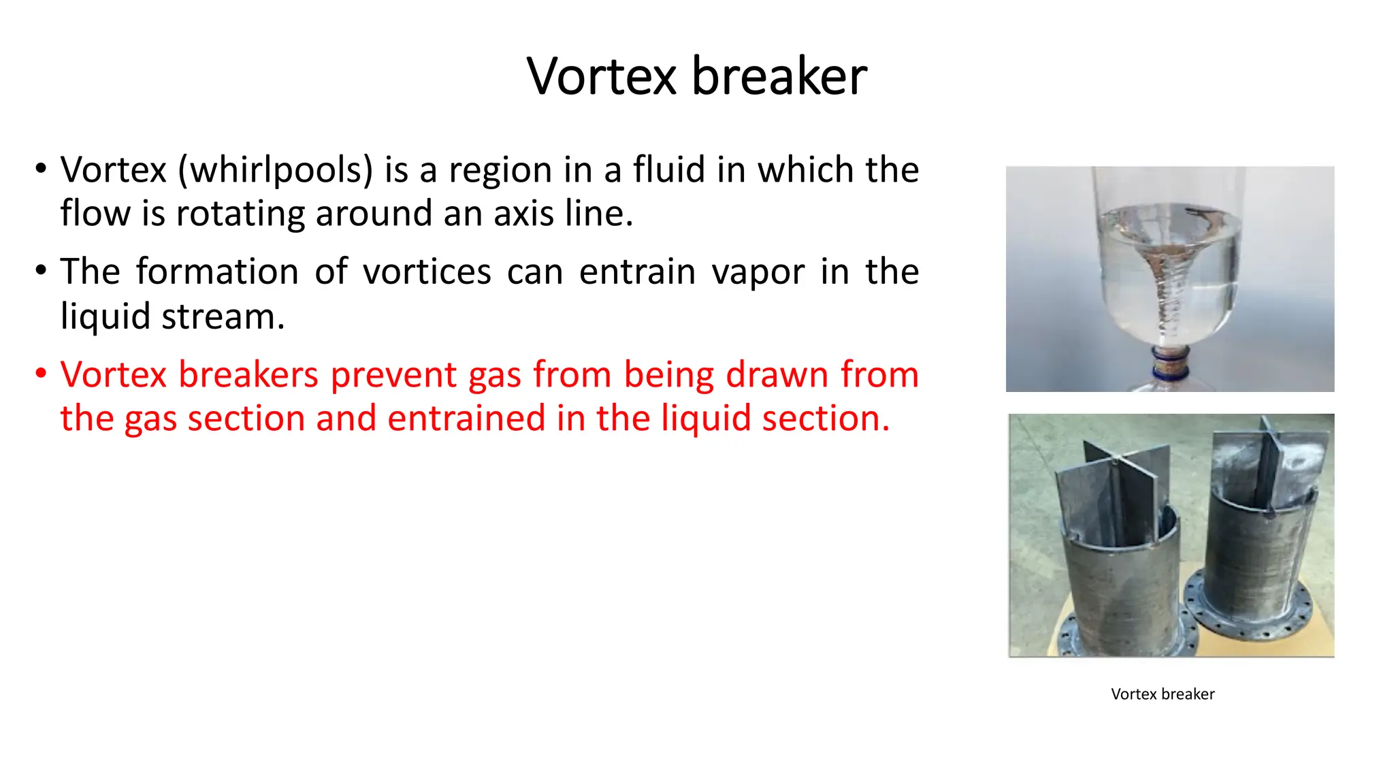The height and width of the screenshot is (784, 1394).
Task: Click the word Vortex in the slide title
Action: (601, 76)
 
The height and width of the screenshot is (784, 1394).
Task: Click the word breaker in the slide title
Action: (779, 76)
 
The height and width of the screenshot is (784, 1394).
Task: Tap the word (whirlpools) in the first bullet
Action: (275, 170)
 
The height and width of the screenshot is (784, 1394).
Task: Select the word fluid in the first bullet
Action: (668, 169)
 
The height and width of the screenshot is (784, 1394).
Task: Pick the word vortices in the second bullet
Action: (427, 272)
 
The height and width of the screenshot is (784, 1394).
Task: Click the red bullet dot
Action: (42, 374)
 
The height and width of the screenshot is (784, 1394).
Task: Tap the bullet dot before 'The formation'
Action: (42, 271)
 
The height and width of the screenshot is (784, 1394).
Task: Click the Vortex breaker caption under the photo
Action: (1162, 694)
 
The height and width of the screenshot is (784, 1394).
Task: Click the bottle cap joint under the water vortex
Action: (1170, 363)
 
